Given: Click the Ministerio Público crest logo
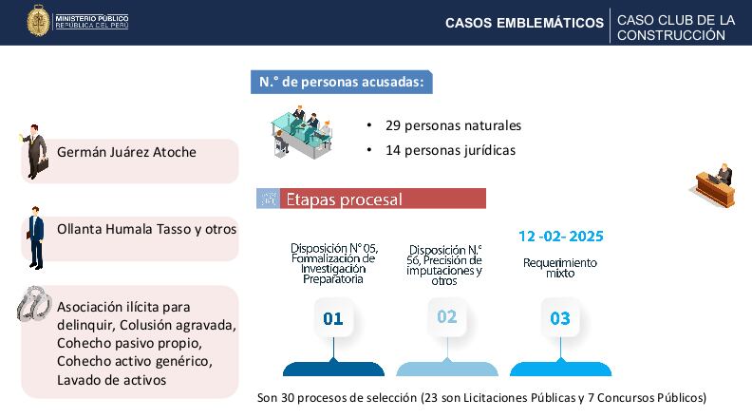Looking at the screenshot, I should coord(38,21).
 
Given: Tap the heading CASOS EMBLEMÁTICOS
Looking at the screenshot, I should coord(524,23).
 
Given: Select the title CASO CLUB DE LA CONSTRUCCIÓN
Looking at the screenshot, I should coord(674,27).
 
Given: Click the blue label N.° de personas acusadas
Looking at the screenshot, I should coord(341,82).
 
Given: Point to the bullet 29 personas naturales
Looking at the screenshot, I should coord(453,125).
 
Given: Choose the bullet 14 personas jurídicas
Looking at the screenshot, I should coord(450,150).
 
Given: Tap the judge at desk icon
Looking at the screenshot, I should coord(711,185).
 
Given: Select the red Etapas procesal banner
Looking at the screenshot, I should coord(371,199).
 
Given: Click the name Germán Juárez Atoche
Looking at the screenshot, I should coord(126,152).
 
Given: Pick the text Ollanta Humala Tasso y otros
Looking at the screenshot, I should coord(146,229).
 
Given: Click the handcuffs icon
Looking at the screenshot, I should coord(35,304).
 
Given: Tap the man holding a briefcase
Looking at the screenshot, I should coord(36,151).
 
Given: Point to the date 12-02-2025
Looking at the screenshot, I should coord(560,236).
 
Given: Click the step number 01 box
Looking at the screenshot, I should coord(332,318).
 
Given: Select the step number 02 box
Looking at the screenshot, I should coord(446,317).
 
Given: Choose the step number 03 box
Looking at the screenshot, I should coord(560,318).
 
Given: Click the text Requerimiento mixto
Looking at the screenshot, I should coord(560,267).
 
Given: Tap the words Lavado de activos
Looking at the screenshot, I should coord(111,380).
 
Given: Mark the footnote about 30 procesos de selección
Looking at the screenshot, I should coord(481,397).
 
